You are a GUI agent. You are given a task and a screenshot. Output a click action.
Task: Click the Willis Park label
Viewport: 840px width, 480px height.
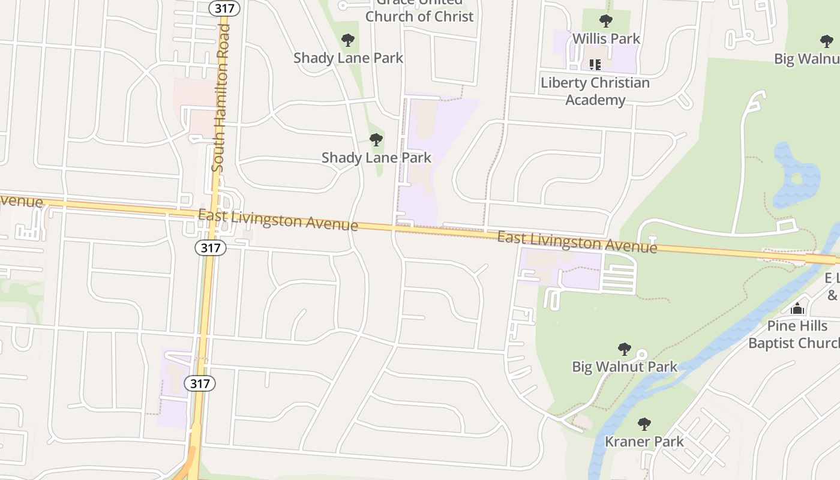coord(606,39)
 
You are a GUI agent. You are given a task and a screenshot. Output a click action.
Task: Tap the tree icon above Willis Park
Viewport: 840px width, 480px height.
coord(606,22)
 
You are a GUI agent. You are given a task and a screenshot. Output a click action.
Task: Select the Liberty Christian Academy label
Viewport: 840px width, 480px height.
coord(595,91)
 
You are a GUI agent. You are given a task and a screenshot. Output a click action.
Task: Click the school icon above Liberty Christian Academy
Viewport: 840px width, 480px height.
coord(595,64)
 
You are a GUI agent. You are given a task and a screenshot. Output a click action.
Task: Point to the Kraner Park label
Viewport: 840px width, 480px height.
coord(644,442)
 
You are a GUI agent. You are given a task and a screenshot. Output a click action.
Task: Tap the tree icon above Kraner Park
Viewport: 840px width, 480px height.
coord(644,424)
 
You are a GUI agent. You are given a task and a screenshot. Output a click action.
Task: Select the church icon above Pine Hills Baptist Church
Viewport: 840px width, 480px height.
coord(797,309)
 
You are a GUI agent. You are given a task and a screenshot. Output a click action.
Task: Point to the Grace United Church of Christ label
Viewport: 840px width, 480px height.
coord(419,12)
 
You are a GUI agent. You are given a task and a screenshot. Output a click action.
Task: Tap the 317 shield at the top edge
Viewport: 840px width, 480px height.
coord(225,8)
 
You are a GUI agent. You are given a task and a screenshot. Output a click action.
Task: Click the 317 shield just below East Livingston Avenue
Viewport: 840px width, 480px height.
coord(210,247)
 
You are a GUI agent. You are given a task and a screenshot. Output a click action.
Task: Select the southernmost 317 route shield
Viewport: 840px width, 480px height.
coord(199,383)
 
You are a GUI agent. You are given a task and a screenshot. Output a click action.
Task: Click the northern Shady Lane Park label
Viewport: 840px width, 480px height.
coord(348,58)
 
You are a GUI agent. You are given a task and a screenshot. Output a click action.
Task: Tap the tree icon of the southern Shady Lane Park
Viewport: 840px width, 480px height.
coord(376,140)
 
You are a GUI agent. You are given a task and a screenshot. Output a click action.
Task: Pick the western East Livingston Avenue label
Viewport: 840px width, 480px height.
coord(278,220)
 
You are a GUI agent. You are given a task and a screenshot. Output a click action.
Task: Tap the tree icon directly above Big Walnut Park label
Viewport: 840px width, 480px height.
coord(625,349)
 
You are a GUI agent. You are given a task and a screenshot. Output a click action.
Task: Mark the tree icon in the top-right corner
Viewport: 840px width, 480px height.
coord(826,41)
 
